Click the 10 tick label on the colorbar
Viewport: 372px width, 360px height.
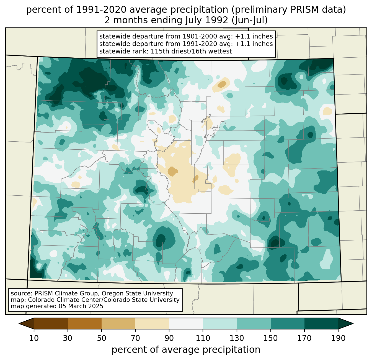(x=34, y=338)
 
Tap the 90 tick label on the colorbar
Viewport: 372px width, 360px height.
(x=169, y=338)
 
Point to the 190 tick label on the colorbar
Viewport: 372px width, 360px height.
(x=338, y=338)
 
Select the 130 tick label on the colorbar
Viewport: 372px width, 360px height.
(x=237, y=338)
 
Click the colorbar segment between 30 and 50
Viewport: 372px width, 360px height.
(x=85, y=323)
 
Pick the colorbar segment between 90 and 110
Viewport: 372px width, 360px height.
(x=186, y=323)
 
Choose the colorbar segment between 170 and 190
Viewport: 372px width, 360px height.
(x=321, y=323)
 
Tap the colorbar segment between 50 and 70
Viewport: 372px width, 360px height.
(x=118, y=323)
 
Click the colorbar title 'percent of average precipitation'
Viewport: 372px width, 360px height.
(x=186, y=350)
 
